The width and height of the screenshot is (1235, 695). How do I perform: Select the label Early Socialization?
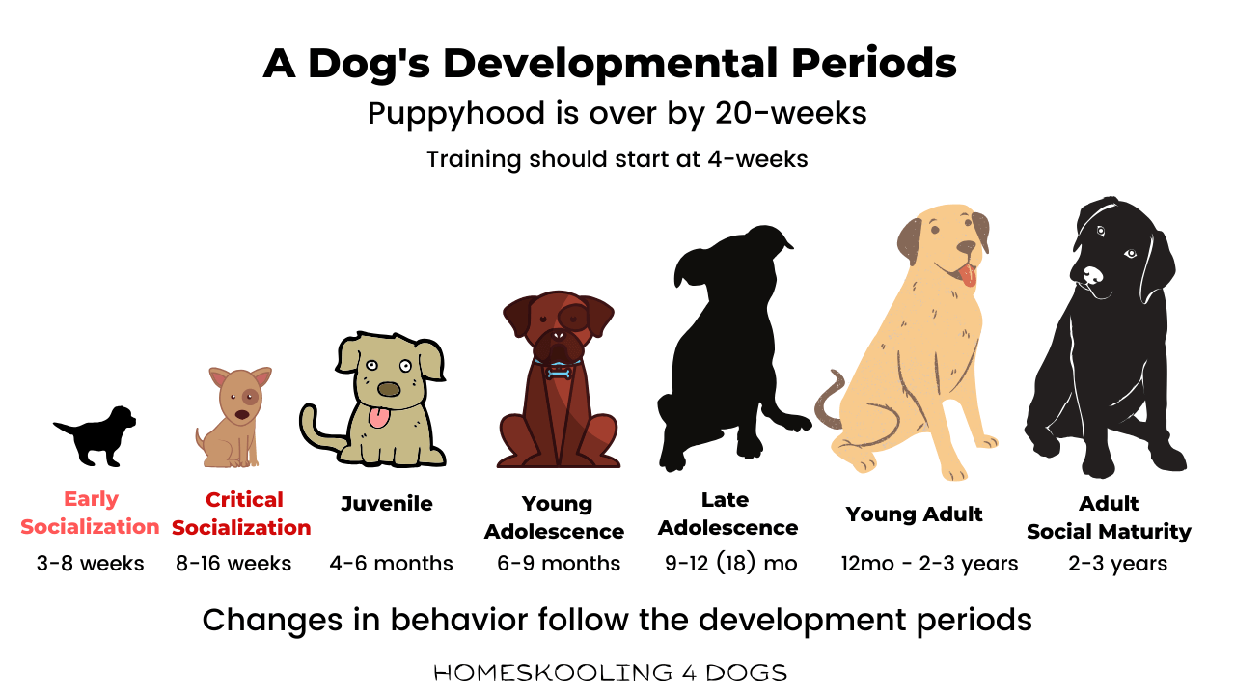91,513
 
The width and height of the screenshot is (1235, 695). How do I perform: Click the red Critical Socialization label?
242,513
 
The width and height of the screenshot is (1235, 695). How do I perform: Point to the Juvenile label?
387,504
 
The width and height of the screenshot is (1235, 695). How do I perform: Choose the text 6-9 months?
559,563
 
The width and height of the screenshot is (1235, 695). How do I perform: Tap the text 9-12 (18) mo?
730,563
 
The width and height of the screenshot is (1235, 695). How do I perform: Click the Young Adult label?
914,514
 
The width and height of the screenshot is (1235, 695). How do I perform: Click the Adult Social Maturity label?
1109,517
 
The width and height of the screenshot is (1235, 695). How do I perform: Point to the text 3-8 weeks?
91,563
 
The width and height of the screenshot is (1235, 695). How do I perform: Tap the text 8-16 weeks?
233,563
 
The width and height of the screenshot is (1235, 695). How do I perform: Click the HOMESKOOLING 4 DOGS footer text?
610,672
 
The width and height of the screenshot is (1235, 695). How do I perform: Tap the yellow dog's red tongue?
968,277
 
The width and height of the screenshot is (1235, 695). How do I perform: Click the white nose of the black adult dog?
1091,277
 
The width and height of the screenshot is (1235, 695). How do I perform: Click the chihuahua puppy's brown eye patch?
250,397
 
